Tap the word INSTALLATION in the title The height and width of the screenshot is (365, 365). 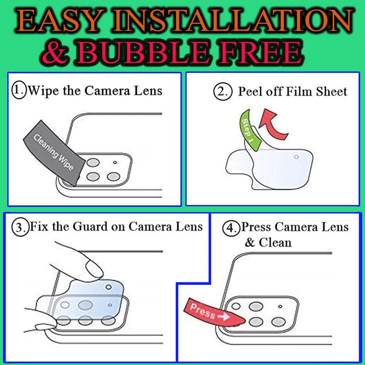point(233,21)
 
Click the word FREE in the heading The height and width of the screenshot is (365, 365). point(261,52)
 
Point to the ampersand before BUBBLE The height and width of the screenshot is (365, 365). point(56,52)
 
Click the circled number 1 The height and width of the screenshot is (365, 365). point(19,90)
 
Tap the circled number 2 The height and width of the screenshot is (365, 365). point(223,92)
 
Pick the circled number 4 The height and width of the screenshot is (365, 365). point(231,228)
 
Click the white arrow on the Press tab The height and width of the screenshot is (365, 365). point(223,316)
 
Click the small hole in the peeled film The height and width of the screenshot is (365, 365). point(296,157)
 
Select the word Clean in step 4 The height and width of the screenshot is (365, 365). point(275,243)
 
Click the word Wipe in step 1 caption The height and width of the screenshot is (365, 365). point(43,91)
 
